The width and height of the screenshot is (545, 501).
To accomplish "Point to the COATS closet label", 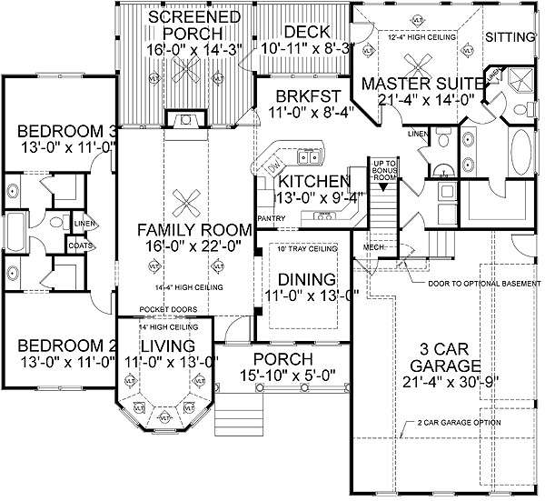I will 78,244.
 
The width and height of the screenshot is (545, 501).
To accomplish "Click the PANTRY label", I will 271,219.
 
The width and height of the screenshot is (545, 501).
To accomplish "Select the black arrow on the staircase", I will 383,186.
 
